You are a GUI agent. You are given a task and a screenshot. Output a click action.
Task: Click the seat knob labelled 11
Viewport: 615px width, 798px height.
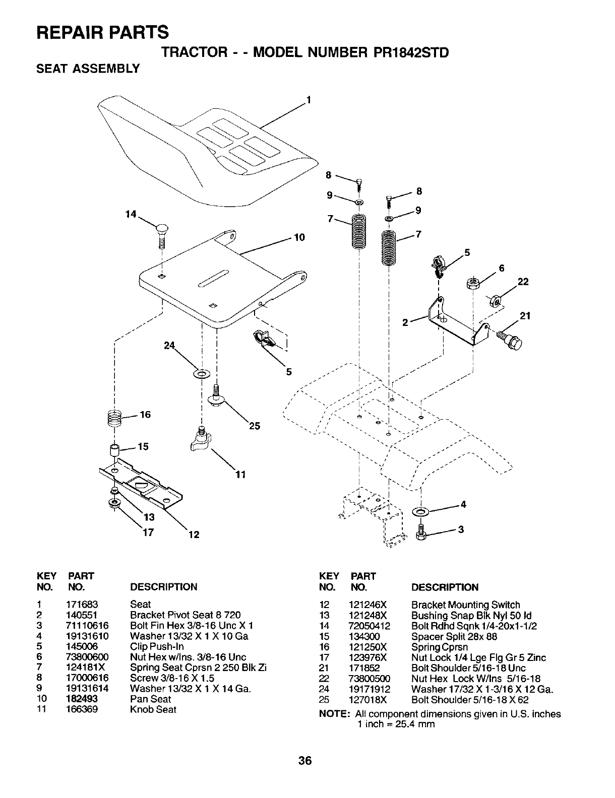(200, 439)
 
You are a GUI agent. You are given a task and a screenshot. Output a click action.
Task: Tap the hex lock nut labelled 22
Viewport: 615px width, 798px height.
(495, 301)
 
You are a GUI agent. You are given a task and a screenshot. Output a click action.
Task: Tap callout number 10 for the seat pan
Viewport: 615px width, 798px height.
(299, 237)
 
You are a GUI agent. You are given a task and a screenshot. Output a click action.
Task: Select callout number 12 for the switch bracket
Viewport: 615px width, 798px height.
(194, 535)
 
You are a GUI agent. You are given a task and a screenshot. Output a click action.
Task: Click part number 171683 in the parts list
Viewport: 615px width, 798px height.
(81, 605)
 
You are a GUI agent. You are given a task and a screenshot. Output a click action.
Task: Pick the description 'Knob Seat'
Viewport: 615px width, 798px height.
(153, 709)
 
